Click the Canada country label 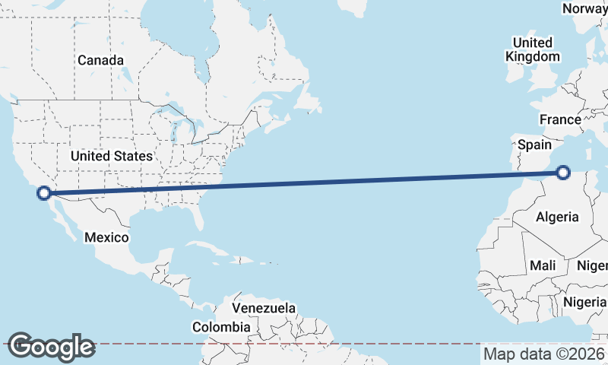tap(100, 59)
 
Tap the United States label tap(111, 156)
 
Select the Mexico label tap(106, 237)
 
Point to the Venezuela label tap(264, 308)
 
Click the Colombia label tap(220, 327)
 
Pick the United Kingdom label tap(533, 49)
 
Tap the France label tap(560, 119)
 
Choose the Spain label tap(534, 144)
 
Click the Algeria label tap(558, 217)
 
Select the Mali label tap(543, 265)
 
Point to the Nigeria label tap(585, 302)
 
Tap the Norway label tap(584, 8)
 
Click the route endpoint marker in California tap(44, 193)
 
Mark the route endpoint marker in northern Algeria tap(563, 173)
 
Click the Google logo tap(51, 347)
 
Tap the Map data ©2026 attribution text tap(544, 354)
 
